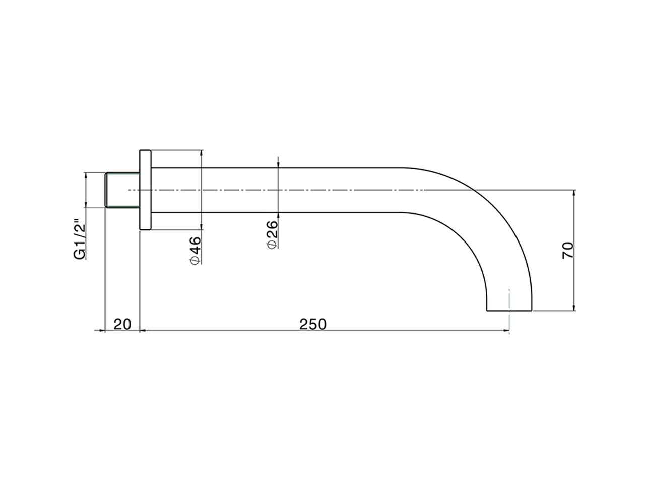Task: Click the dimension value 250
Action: (x=312, y=325)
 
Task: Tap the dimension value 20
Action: (x=122, y=325)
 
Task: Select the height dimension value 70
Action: (x=568, y=250)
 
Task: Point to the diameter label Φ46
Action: (x=195, y=251)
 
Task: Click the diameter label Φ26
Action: (x=272, y=235)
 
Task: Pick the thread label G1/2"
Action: (x=79, y=238)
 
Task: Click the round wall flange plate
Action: (x=145, y=190)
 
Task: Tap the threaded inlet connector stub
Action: (x=122, y=190)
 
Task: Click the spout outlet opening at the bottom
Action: (x=509, y=310)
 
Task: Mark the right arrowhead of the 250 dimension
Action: (x=506, y=331)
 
